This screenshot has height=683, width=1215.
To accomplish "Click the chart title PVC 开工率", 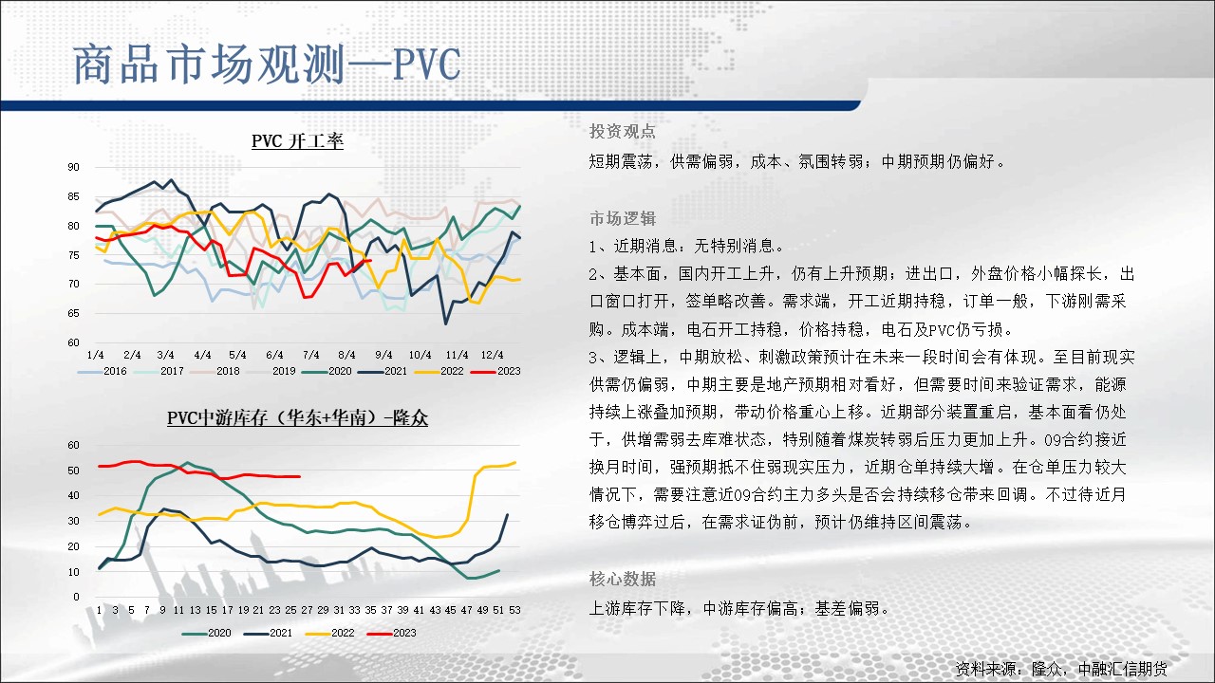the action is pos(297,141).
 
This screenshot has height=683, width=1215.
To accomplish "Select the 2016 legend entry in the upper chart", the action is pos(102,371).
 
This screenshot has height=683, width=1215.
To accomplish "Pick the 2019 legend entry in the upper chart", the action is pos(271,371).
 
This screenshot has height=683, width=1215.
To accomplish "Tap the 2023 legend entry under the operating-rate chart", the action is pos(495,371).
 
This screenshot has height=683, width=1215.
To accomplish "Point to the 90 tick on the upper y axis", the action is pos(73,167).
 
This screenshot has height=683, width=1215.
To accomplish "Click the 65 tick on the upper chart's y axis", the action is pos(73,313).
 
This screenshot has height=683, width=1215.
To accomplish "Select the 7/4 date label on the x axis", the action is pos(310,355).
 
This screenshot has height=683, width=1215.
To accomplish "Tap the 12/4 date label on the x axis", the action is pos(492,355).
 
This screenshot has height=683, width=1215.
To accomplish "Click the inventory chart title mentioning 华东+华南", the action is pos(297,418).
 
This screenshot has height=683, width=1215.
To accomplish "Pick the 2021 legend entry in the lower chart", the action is pos(268,633).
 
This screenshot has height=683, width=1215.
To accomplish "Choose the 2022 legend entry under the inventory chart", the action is pos(329,633).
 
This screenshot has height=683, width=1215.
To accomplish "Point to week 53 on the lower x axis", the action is pos(514,610).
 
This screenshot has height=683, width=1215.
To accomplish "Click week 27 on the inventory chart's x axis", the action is pos(307,610).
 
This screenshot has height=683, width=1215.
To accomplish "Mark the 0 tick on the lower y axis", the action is pos(76,597).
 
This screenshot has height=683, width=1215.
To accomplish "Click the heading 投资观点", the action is pos(622,131).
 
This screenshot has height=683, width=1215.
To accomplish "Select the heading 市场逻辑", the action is pos(622,218).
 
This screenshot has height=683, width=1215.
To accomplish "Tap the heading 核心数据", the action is pos(622,579).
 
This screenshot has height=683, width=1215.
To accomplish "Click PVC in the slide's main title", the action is pos(426,65).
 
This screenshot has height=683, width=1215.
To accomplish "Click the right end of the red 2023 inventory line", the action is pos(299,476).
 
